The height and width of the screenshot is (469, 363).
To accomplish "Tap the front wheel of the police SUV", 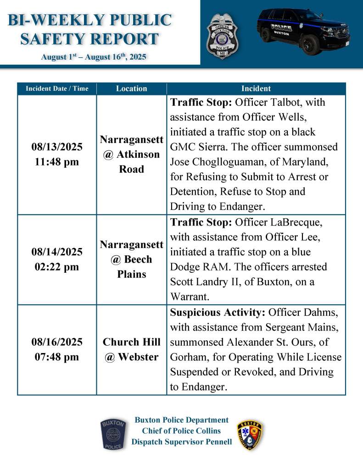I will [310, 44].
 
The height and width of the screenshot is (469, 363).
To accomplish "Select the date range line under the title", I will [94, 57].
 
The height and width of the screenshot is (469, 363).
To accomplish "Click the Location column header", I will [131, 88].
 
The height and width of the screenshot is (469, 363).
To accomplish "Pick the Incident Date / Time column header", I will [57, 88].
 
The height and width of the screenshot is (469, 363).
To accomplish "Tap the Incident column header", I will [256, 88].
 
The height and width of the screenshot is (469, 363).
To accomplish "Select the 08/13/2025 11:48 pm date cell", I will [57, 154].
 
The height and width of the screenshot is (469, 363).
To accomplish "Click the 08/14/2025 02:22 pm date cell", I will [57, 259].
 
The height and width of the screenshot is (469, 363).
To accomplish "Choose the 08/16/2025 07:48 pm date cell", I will [57, 349].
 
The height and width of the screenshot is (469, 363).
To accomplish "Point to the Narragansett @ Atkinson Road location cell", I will [131, 154].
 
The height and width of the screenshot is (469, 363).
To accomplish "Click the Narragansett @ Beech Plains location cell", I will [131, 259].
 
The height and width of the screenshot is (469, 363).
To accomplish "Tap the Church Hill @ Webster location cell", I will [131, 349].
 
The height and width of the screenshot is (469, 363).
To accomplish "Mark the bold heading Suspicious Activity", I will [218, 312].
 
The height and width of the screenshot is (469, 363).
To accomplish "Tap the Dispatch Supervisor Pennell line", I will [181, 442].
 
